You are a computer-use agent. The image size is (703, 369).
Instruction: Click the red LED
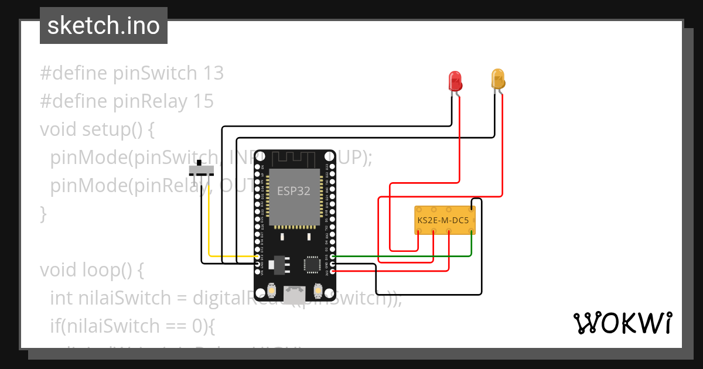click(x=455, y=80)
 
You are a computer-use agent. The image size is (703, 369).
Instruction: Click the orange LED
click(x=497, y=79)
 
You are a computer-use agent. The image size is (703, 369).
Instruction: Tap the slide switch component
click(x=202, y=170)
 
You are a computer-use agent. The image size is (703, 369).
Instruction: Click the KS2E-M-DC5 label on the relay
click(x=443, y=220)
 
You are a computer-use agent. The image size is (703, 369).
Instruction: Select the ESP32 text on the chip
click(x=294, y=192)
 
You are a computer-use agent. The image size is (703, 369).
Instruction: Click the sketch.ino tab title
click(x=104, y=26)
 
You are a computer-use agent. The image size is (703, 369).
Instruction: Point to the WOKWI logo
click(x=622, y=322)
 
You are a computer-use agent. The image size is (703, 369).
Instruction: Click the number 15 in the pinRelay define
click(x=203, y=101)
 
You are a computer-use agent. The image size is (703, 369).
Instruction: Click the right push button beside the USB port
click(x=318, y=290)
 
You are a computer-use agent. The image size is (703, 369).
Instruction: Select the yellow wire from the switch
click(x=209, y=234)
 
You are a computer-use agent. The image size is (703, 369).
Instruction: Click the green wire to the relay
click(x=404, y=256)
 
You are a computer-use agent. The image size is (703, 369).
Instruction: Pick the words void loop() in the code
click(x=91, y=270)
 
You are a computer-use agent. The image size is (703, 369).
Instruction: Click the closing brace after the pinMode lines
click(x=43, y=214)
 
